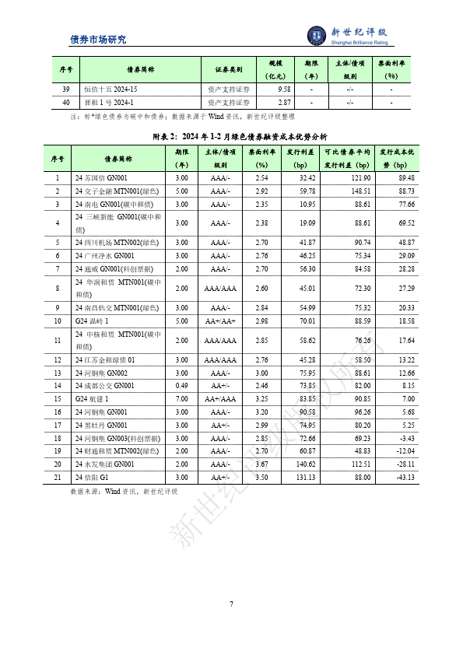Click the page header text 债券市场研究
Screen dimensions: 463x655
pos(97,40)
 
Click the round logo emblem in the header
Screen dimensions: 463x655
pos(317,35)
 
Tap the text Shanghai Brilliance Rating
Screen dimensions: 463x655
pos(359,44)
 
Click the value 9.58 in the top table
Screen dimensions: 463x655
pos(284,89)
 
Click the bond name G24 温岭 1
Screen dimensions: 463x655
pos(93,320)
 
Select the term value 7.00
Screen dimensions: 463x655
pos(181,399)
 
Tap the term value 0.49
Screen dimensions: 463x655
pos(181,386)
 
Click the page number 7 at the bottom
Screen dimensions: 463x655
pos(231,604)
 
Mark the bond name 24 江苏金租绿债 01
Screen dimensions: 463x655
pos(105,359)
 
